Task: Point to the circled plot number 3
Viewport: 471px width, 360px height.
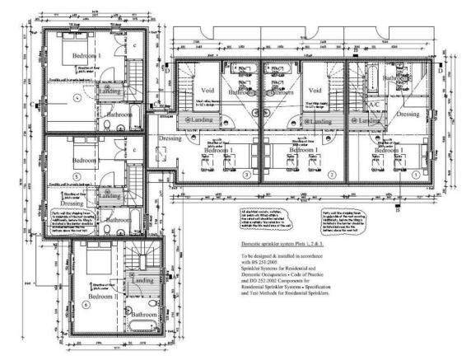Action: click(x=246, y=175)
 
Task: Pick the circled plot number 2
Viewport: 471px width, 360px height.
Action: click(x=330, y=175)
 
